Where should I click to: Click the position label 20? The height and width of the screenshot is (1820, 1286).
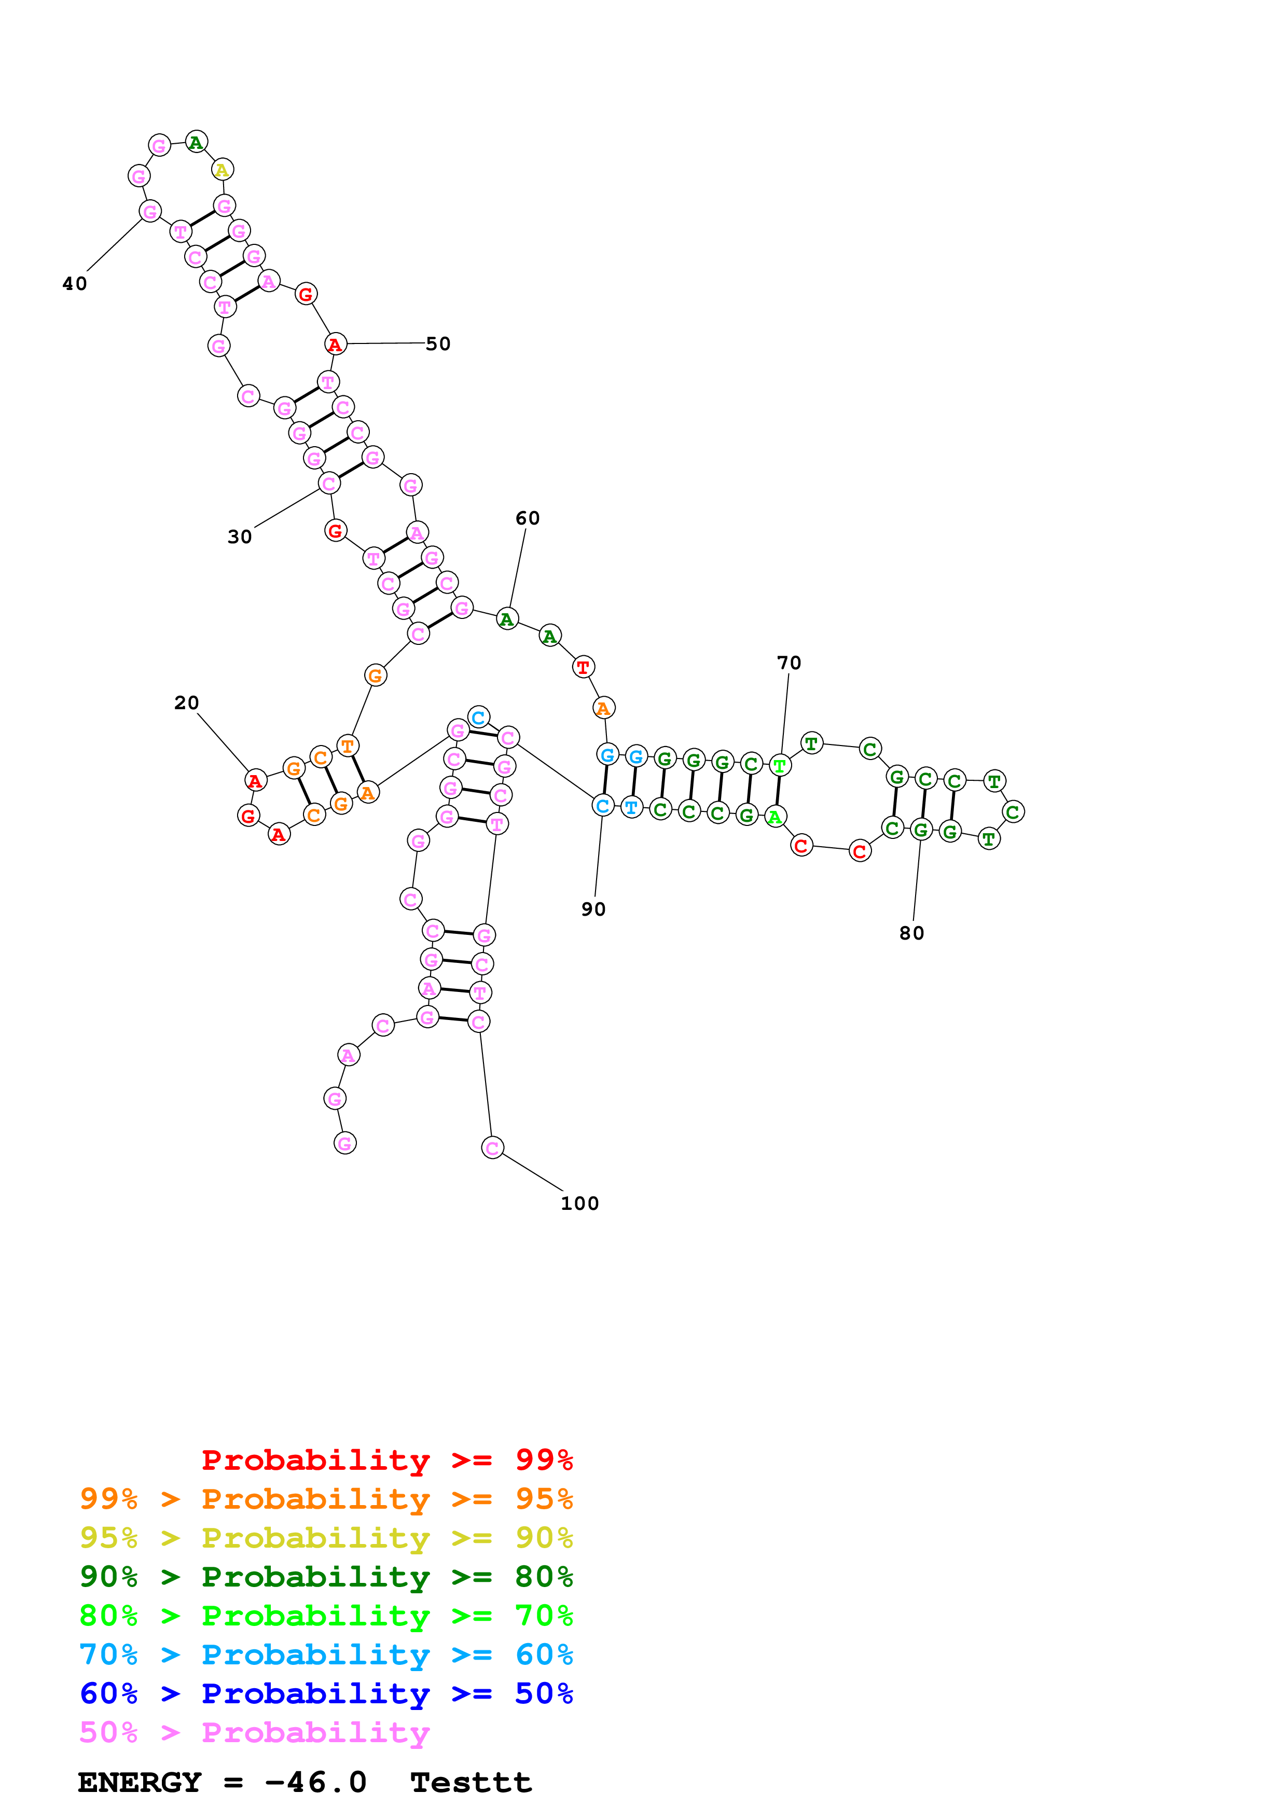pos(186,703)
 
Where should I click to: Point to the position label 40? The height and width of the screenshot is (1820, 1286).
pos(75,284)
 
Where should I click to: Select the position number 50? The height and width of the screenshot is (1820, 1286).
pos(438,344)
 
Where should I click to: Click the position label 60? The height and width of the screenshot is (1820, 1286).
pos(528,518)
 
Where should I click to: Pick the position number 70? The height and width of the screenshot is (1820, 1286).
pos(789,663)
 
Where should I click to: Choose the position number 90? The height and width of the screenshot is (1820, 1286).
pos(593,909)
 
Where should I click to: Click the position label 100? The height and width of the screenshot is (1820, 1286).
pos(580,1203)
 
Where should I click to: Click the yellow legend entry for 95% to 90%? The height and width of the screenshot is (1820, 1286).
pos(326,1538)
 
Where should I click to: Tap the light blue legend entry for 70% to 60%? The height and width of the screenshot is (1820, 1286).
pos(326,1654)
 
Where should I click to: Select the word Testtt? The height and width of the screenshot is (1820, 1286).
pos(471,1783)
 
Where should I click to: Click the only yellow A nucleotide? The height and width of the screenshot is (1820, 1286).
pos(223,170)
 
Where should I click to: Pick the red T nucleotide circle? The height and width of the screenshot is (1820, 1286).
pos(583,667)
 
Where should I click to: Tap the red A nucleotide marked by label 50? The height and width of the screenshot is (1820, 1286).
pos(335,344)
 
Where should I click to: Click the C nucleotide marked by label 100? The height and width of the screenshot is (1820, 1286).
pos(492,1147)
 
